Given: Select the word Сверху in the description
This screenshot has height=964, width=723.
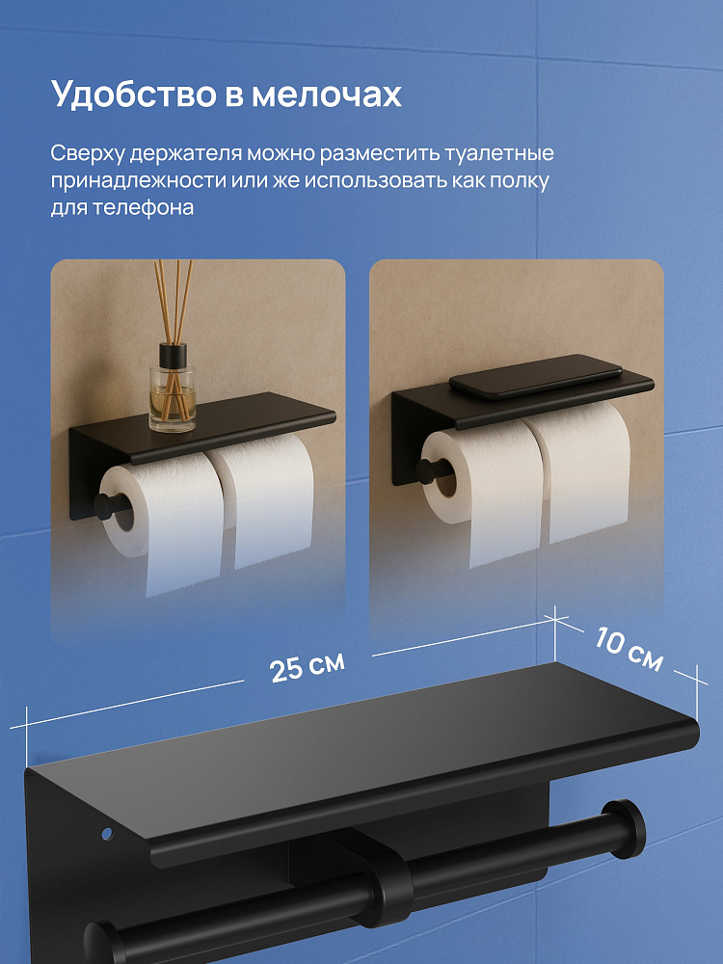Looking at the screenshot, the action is (x=87, y=153).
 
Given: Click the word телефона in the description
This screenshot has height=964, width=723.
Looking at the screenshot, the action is (x=144, y=207).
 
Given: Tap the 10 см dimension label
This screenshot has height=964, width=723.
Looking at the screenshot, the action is (x=629, y=650).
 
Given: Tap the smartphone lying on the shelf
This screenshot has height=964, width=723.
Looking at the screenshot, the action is (x=535, y=376).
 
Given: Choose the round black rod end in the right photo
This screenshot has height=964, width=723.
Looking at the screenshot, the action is (x=428, y=470).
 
